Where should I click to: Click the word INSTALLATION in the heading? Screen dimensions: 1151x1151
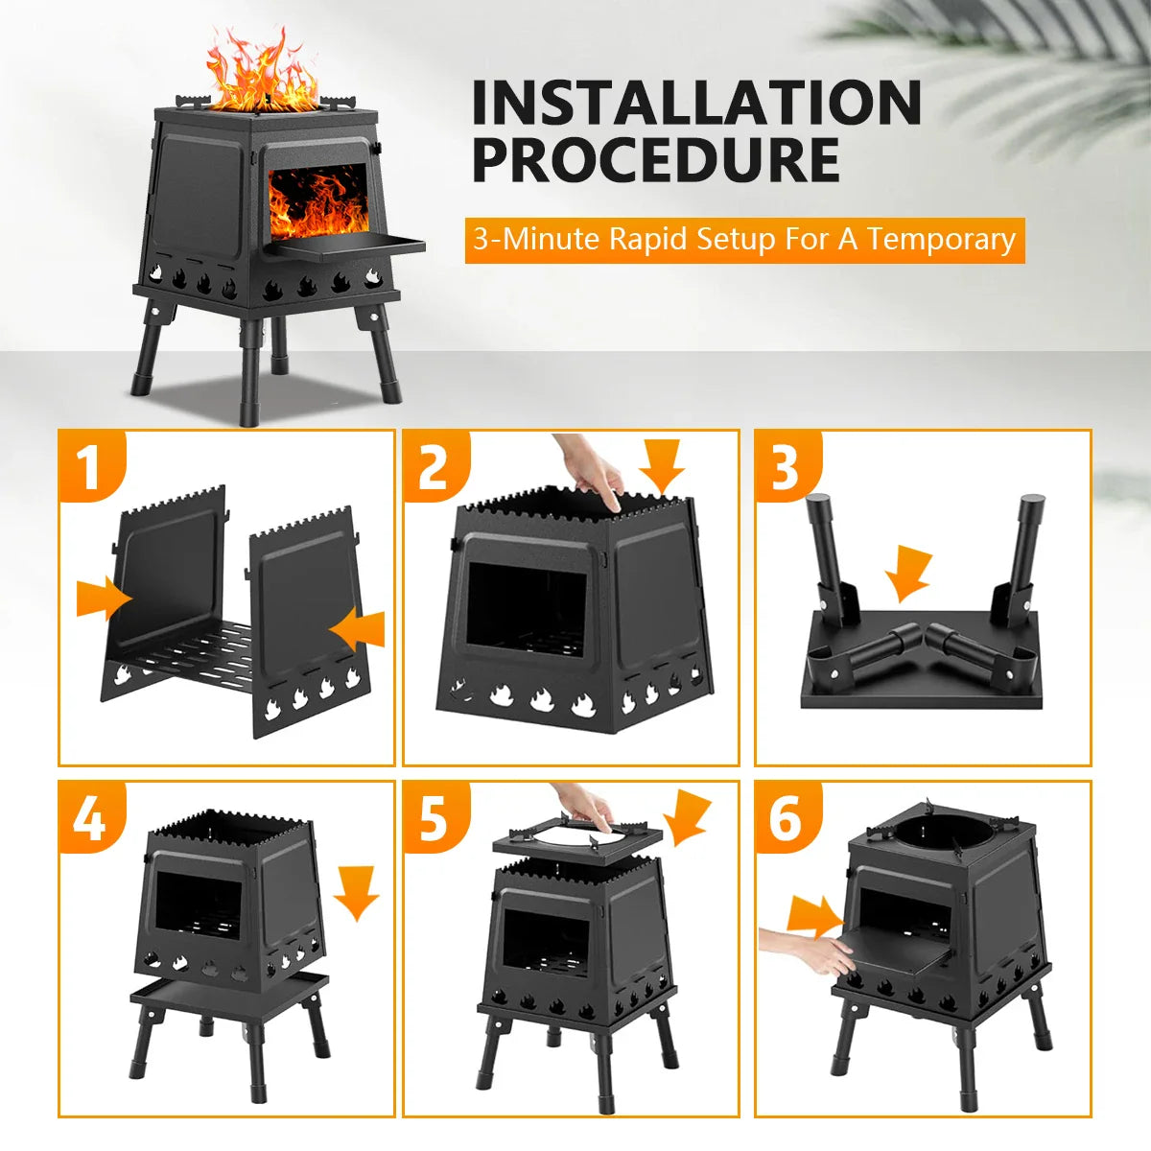(x=696, y=103)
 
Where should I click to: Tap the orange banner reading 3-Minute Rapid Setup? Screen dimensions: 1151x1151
(x=744, y=239)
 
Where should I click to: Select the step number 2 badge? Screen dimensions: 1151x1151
(x=434, y=467)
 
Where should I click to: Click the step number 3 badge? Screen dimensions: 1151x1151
(x=786, y=467)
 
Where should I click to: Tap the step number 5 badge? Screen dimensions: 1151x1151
(x=434, y=818)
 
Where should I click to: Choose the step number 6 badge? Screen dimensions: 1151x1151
(x=786, y=818)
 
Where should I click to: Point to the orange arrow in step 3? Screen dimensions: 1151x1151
(x=907, y=574)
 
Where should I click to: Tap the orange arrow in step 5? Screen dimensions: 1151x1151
(x=689, y=817)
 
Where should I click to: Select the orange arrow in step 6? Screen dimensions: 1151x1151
(x=813, y=917)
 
